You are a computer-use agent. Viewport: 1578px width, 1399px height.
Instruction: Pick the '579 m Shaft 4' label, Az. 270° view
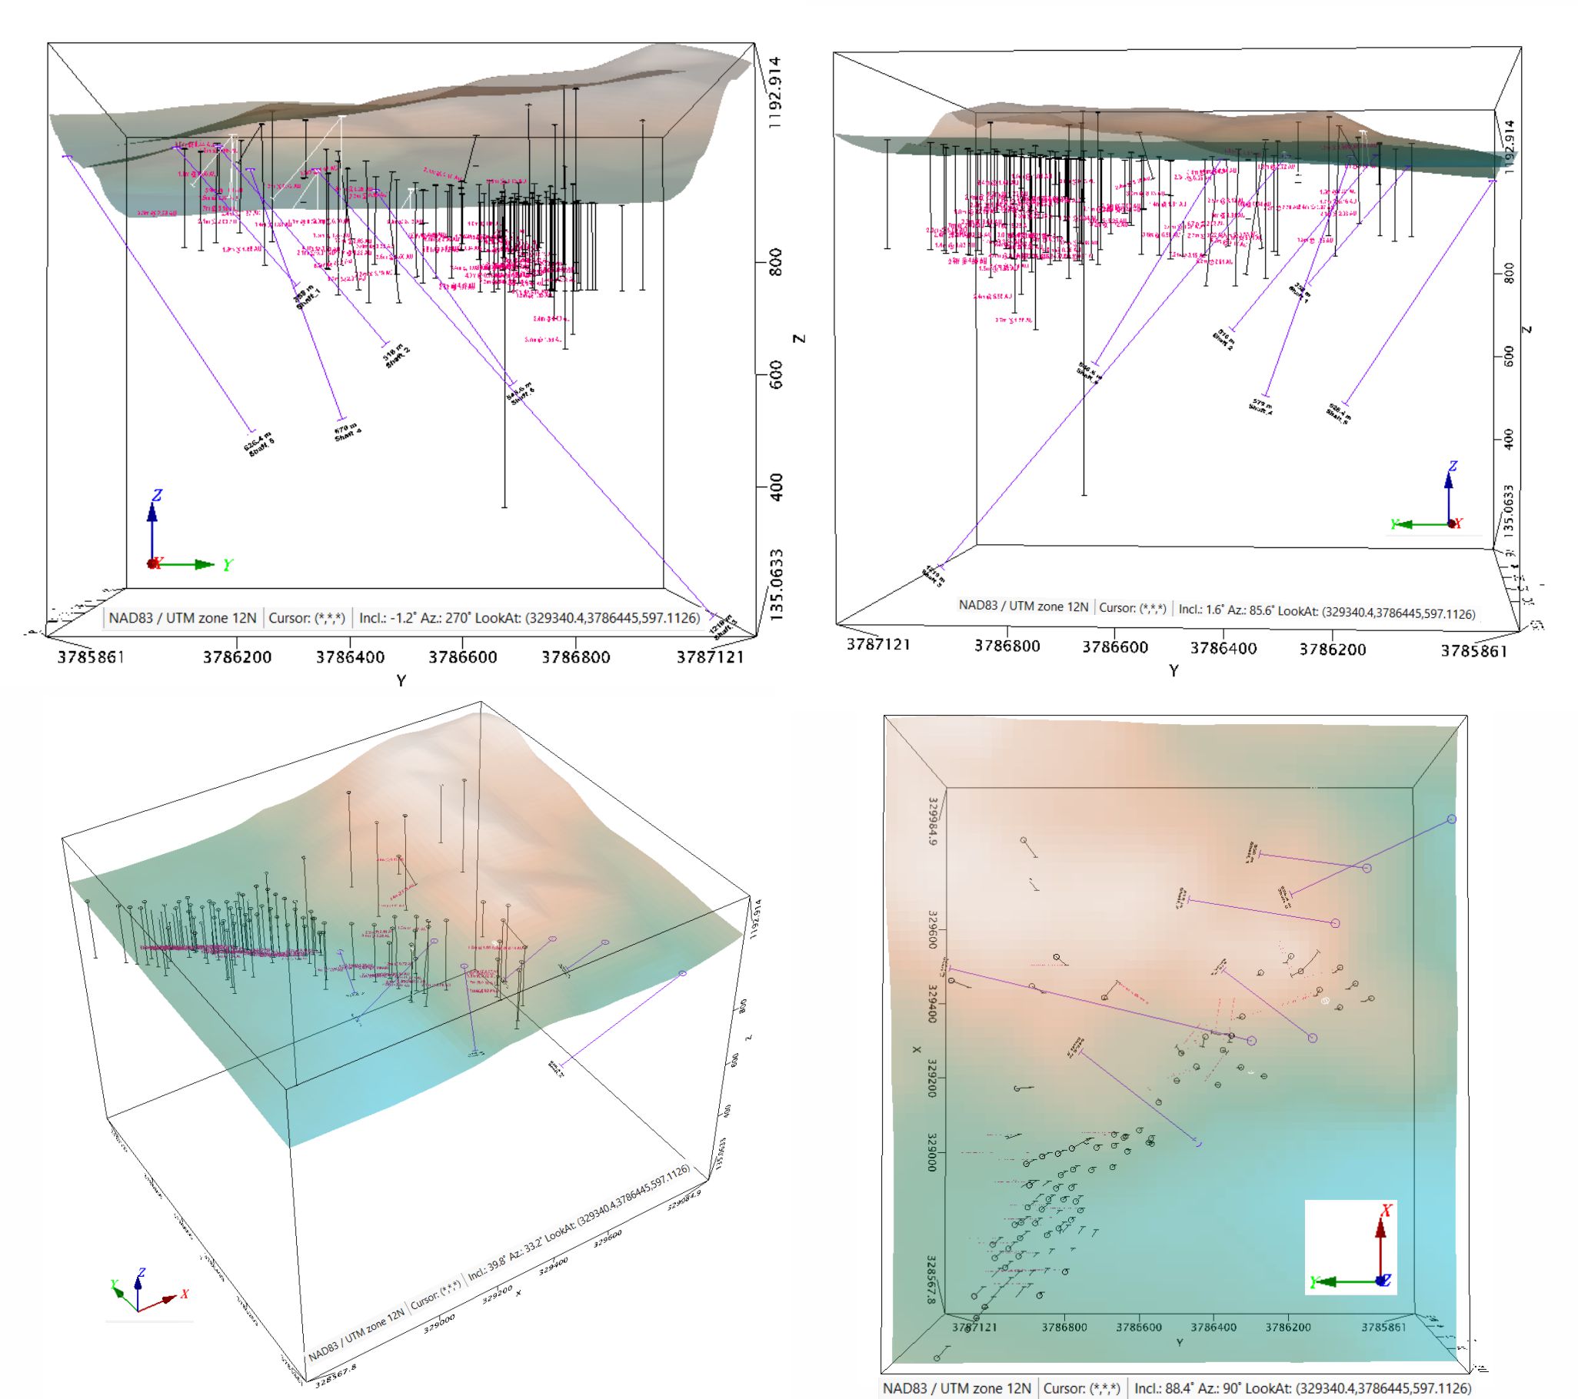347,433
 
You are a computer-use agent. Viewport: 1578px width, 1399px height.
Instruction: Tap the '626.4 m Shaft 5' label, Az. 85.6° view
1338,413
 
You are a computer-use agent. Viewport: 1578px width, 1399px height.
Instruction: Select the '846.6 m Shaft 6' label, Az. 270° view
521,392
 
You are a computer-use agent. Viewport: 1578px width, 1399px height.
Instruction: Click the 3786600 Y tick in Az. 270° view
463,657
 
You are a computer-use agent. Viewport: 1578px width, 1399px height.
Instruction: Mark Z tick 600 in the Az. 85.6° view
1510,356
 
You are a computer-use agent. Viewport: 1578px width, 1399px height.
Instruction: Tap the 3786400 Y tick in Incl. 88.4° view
1213,1328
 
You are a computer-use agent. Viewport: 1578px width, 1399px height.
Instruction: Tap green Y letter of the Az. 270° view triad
228,566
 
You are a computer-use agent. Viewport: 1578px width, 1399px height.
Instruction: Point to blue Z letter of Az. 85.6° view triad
1453,466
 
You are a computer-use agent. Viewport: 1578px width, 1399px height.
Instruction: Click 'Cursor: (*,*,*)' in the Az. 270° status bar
308,618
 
